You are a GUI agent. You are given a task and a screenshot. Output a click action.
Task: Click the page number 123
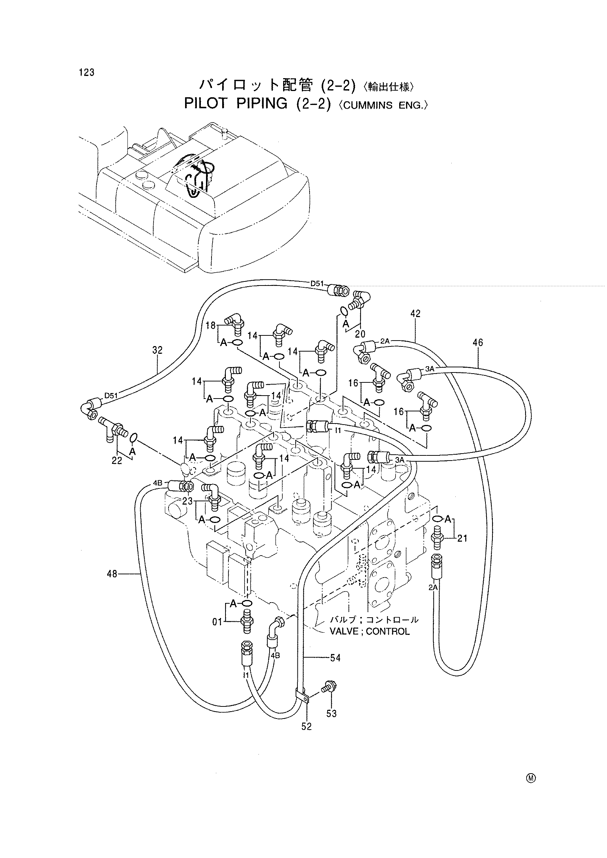(x=87, y=73)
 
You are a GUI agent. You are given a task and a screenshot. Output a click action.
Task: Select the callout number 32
(x=158, y=350)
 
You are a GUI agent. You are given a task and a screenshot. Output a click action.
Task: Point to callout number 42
(x=415, y=313)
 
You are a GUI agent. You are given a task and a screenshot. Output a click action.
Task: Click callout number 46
(x=478, y=342)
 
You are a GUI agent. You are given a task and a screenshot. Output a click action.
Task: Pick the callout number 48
(x=112, y=573)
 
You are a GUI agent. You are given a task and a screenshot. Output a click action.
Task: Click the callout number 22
(x=117, y=461)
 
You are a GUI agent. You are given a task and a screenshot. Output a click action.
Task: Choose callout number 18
(x=210, y=326)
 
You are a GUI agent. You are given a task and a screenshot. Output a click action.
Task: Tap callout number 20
(x=360, y=334)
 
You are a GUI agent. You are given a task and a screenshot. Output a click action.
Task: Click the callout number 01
(x=217, y=622)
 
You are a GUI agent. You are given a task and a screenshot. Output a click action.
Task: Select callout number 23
(x=187, y=501)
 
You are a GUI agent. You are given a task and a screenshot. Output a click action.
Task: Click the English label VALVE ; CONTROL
(x=369, y=632)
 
